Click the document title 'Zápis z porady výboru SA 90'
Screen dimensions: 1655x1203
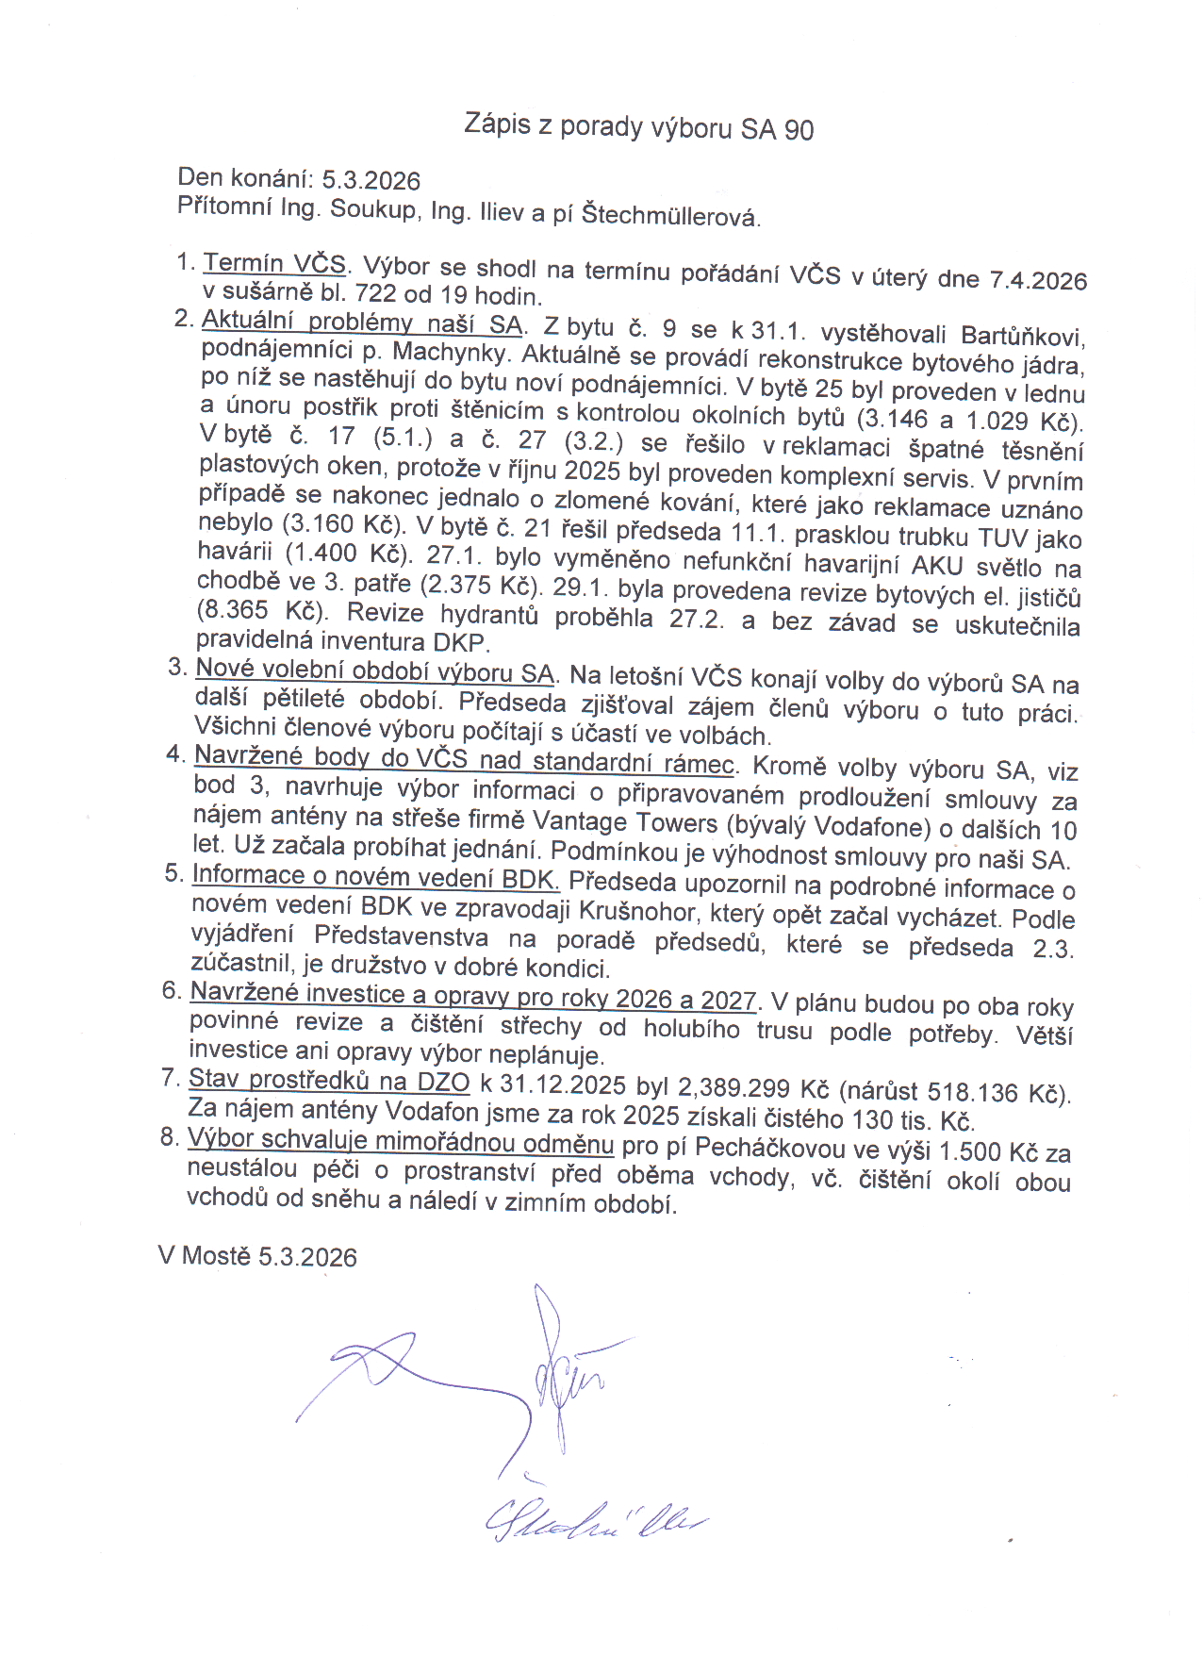[x=638, y=126]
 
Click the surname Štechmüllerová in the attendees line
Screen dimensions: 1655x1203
[x=669, y=216]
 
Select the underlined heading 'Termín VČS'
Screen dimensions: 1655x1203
[x=274, y=263]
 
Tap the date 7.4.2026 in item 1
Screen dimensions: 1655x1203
[x=1037, y=280]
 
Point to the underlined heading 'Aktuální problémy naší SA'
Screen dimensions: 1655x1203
[x=362, y=323]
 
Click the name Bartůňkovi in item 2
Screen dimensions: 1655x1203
[x=1022, y=337]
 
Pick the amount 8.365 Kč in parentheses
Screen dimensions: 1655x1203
[x=261, y=610]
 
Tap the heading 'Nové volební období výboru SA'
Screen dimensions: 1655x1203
[x=374, y=672]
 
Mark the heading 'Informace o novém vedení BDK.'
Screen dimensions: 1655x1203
[x=375, y=876]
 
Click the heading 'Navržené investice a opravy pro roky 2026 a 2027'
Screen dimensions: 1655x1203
[x=472, y=996]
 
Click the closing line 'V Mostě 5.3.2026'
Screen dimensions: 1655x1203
[x=257, y=1256]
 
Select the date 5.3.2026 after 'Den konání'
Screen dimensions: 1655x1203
[x=371, y=180]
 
